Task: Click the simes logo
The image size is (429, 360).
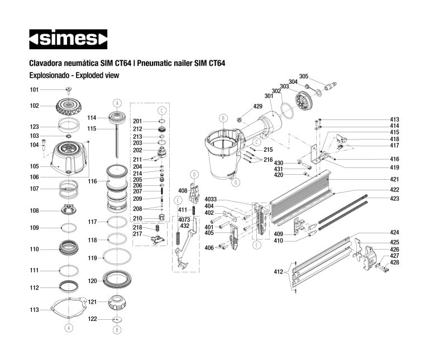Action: click(68, 39)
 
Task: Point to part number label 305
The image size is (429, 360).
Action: click(303, 76)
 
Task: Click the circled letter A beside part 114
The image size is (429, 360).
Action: click(117, 103)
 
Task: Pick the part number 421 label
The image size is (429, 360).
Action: click(394, 179)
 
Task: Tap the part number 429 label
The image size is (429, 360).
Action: click(258, 106)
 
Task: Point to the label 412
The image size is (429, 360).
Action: click(278, 272)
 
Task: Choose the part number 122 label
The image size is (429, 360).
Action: click(93, 319)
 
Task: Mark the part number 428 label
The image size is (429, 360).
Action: click(394, 262)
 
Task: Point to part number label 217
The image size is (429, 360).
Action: click(137, 234)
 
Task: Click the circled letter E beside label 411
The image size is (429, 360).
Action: click(178, 200)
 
